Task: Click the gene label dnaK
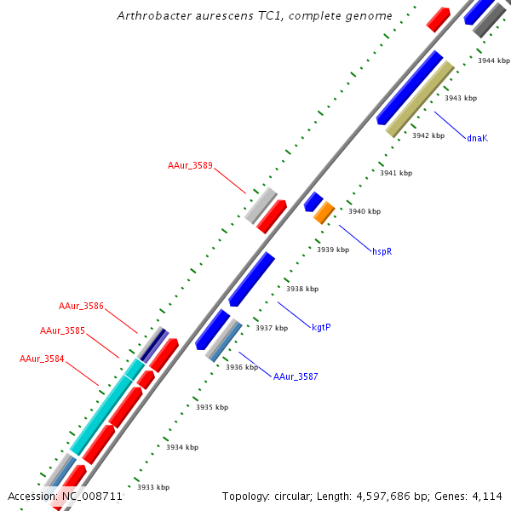click(x=477, y=138)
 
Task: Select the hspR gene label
click(x=382, y=252)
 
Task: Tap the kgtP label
click(x=321, y=327)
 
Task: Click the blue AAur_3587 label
click(x=296, y=376)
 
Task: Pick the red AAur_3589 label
click(x=190, y=165)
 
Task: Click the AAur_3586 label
click(x=81, y=306)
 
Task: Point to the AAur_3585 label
click(x=62, y=330)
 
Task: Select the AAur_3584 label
click(x=42, y=359)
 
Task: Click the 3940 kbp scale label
click(x=365, y=211)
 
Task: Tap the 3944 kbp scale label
click(x=494, y=60)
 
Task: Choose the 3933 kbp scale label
click(x=153, y=487)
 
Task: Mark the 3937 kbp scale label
click(x=271, y=328)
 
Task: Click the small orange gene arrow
click(x=324, y=213)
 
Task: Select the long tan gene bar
click(x=420, y=99)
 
